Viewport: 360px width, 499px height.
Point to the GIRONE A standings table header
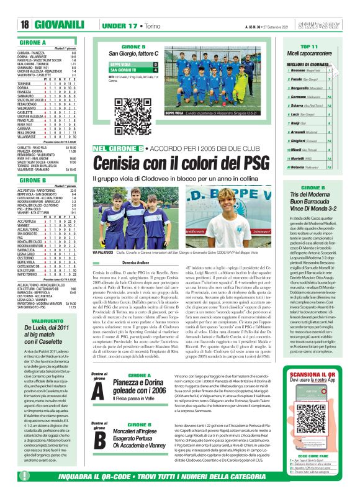pos(37,41)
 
